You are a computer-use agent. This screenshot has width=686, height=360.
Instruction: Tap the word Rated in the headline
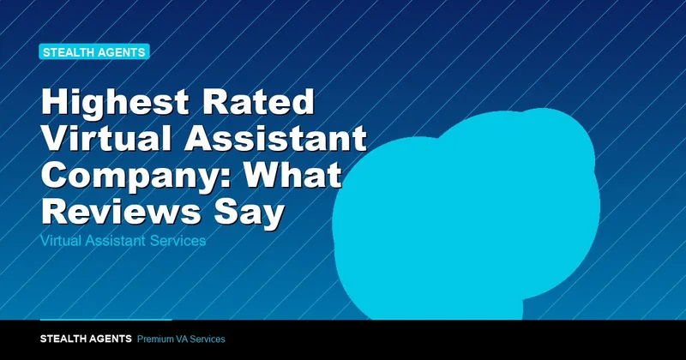259,101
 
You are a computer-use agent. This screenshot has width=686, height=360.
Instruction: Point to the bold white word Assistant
275,138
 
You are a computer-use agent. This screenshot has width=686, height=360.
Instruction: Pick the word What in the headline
292,175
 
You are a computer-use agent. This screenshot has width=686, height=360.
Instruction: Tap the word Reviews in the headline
121,211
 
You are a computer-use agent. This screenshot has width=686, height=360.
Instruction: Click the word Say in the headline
250,213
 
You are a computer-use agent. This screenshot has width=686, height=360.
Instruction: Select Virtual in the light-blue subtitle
61,241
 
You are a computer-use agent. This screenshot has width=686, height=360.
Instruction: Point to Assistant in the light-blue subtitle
116,241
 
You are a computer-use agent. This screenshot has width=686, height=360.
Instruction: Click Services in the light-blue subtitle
178,241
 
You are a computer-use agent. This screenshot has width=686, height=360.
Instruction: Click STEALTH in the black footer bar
61,339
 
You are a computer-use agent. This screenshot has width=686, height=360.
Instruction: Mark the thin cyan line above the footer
105,320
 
